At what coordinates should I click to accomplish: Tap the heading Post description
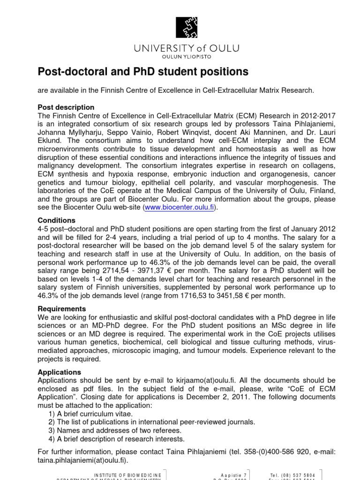point(66,107)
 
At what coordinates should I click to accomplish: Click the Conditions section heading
point(56,220)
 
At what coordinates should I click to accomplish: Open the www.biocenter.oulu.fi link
point(180,208)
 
